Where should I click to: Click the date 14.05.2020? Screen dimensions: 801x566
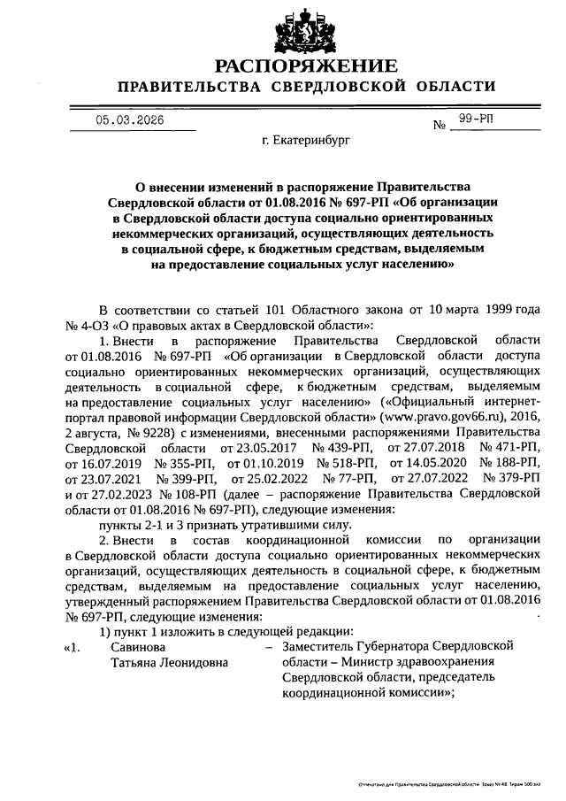435,479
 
